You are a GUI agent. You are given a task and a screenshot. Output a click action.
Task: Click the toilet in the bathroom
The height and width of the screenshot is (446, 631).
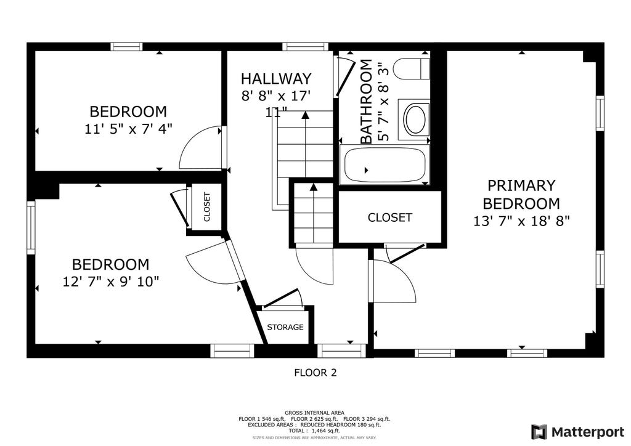coord(411,69)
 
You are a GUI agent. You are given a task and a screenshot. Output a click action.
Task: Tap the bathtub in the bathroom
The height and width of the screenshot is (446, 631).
coord(385,164)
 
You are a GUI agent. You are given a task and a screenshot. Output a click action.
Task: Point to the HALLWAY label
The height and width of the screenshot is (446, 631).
coord(276,78)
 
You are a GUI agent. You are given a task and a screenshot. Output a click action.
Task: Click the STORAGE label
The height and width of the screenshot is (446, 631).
coord(285,327)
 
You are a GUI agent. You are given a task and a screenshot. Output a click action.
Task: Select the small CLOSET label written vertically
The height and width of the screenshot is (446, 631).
coord(207,207)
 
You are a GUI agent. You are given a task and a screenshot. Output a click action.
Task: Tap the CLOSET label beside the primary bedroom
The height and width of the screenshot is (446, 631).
coord(389,217)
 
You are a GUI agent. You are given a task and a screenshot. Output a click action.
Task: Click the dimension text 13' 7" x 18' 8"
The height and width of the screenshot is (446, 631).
coord(521,221)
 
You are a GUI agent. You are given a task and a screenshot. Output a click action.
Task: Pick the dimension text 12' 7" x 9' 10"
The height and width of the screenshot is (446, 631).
coord(111,282)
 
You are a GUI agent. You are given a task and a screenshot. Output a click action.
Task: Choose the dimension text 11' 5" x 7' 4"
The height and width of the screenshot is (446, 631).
coord(128,129)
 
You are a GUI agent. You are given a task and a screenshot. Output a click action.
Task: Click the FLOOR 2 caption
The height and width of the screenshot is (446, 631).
coord(315,373)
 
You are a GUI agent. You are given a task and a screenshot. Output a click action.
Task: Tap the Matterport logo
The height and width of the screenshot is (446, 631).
coord(577,432)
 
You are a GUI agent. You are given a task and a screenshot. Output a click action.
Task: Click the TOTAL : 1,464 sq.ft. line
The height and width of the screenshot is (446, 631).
coord(314,431)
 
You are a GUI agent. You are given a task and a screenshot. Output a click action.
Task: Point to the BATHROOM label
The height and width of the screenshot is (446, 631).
coord(366,102)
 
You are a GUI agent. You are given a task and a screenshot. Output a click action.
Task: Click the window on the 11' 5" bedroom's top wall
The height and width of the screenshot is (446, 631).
coord(126,46)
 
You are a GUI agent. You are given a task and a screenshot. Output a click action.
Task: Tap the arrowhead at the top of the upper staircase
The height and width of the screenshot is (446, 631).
coord(306,115)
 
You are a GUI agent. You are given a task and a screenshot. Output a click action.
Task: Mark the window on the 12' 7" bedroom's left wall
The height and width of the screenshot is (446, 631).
coord(31,228)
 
